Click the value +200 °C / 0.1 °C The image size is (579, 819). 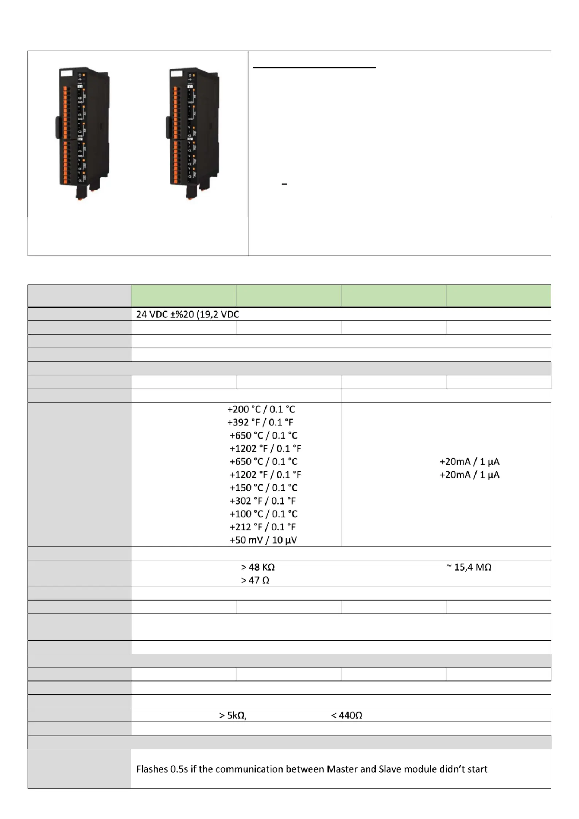coord(261,409)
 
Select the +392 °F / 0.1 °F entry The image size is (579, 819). coord(260,422)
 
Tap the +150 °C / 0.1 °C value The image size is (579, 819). coord(264,488)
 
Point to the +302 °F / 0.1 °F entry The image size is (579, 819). coord(263,501)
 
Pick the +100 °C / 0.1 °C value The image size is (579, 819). coord(264,514)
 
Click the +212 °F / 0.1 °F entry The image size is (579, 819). coord(263,527)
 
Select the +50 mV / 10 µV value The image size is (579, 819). coord(263,540)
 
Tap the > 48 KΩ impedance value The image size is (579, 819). coord(258,567)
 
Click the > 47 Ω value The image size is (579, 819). coord(255,580)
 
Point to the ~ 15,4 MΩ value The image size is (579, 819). coord(469,567)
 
